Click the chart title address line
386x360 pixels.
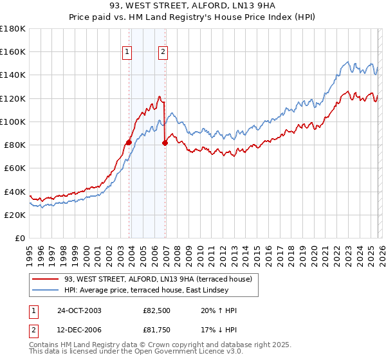click(x=193, y=6)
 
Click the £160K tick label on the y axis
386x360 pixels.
click(x=13, y=51)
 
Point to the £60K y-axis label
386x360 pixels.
click(x=15, y=168)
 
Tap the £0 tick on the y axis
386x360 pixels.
click(x=20, y=238)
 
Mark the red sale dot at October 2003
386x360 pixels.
click(x=129, y=142)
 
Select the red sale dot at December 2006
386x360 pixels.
click(x=165, y=143)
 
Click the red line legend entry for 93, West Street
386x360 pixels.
click(x=161, y=278)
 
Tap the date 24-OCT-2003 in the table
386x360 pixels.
click(x=79, y=310)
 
